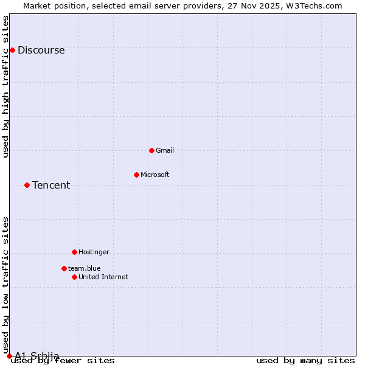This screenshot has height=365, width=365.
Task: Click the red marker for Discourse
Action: pos(12,50)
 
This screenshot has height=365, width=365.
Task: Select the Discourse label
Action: pos(41,50)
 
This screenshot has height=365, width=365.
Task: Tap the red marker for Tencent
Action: pos(27,185)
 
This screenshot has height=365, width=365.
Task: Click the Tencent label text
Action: pos(51,186)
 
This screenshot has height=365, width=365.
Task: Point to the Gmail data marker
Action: pos(151,150)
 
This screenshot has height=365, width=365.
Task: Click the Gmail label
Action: pos(165,151)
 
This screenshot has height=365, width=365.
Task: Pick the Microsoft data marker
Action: pos(136,175)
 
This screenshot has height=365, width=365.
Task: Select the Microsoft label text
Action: pos(155,175)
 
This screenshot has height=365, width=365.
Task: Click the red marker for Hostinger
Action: pos(74,252)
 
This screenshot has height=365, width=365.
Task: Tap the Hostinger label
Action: pos(94,252)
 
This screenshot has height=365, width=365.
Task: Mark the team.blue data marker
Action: pos(64,268)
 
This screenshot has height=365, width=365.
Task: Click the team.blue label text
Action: pos(84,268)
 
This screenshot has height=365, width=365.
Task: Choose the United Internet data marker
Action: pos(74,277)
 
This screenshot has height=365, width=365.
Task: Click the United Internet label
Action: pos(103,277)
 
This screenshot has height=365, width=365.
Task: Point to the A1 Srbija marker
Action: pos(9,356)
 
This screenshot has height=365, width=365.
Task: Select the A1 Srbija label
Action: pos(37,356)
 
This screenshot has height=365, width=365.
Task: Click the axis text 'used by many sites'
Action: pos(305,361)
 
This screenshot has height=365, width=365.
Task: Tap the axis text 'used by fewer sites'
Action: pos(63,361)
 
